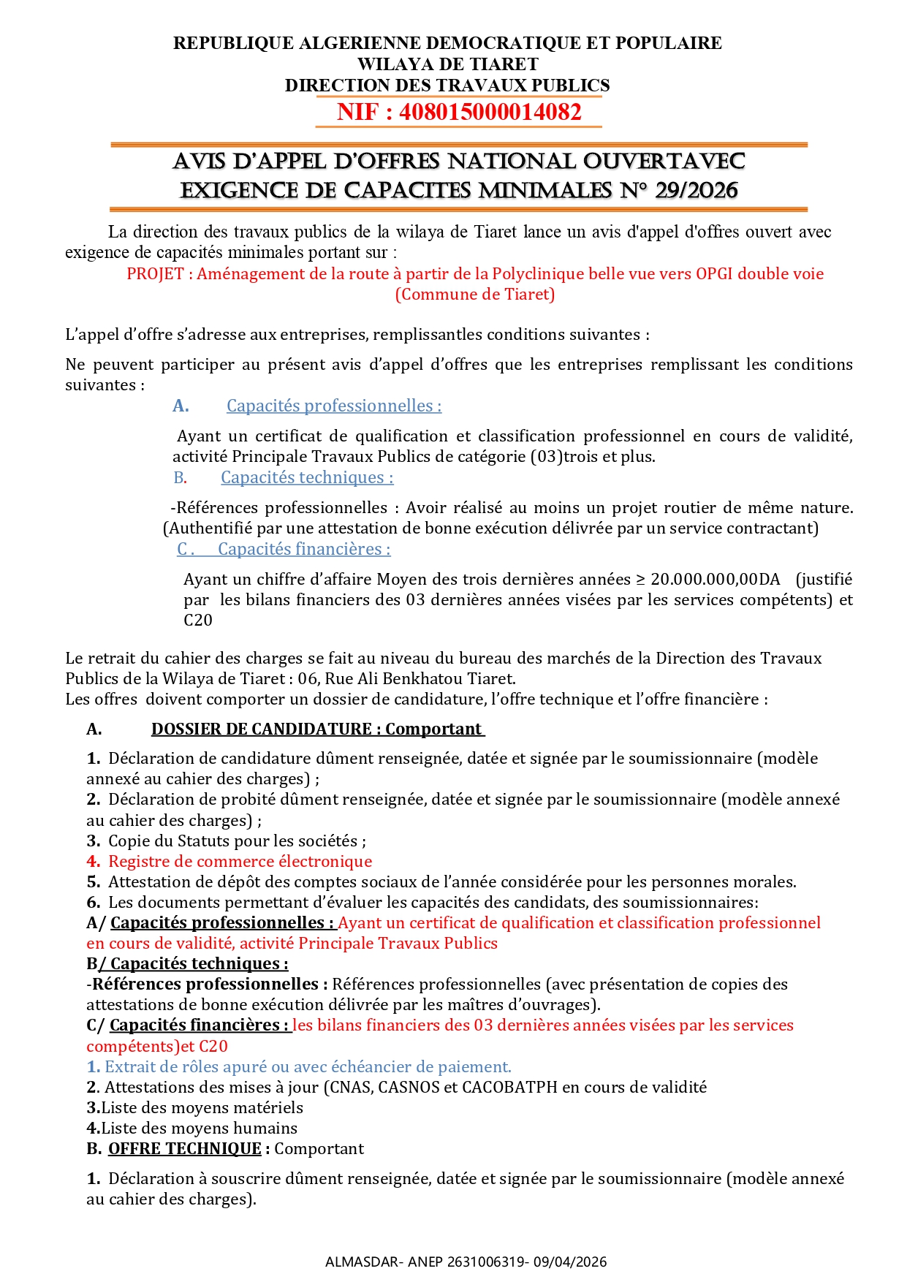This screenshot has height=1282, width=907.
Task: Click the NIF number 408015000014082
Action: [x=490, y=112]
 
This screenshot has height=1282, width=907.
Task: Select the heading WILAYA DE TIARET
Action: [x=447, y=64]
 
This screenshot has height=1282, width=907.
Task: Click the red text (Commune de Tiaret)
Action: [x=475, y=294]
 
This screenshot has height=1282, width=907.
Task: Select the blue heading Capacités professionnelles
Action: [x=333, y=406]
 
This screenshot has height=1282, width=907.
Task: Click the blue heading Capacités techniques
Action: [x=307, y=477]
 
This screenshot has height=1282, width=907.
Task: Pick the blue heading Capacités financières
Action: [x=304, y=549]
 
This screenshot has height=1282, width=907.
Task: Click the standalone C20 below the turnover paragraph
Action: [x=198, y=620]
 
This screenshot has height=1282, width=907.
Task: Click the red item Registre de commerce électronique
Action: [x=240, y=861]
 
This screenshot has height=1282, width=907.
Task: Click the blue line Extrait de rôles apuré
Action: [x=307, y=1066]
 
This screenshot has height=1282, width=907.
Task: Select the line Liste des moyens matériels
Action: [x=201, y=1107]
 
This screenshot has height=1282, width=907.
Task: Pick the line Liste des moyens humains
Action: [x=198, y=1128]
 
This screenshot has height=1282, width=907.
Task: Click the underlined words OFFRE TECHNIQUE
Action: [x=184, y=1148]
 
